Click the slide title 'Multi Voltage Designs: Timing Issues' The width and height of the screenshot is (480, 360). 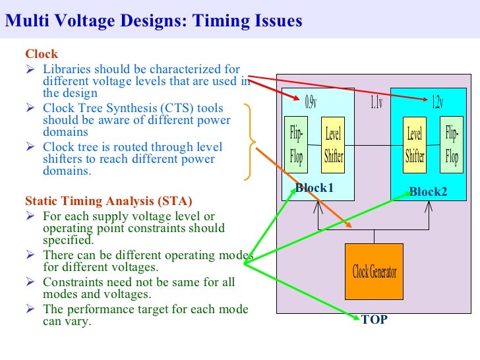[153, 21]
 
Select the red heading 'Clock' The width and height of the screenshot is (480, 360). [42, 54]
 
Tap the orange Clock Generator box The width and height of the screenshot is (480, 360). [374, 271]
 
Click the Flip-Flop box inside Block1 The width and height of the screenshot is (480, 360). [297, 146]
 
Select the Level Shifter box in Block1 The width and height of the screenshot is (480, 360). [333, 146]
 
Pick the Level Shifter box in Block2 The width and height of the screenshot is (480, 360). [415, 146]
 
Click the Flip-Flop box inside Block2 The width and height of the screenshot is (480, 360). [452, 146]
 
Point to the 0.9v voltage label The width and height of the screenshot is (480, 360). [311, 103]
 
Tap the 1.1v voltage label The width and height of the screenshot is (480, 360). [376, 103]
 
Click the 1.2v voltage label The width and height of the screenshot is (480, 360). [436, 103]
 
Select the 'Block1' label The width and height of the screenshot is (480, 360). [315, 189]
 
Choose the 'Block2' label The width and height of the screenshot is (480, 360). [428, 192]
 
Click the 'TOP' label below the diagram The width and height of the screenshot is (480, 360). [374, 320]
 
